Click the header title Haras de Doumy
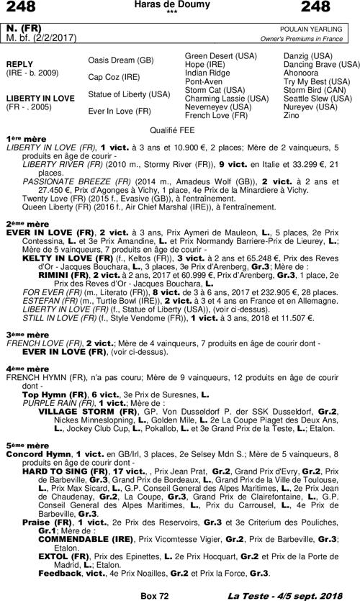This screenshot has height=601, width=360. click(179, 5)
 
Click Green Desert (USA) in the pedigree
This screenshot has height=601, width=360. click(220, 55)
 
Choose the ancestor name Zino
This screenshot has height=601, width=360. click(290, 115)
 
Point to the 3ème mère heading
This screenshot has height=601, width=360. click(27, 335)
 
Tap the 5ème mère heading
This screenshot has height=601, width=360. click(27, 446)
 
